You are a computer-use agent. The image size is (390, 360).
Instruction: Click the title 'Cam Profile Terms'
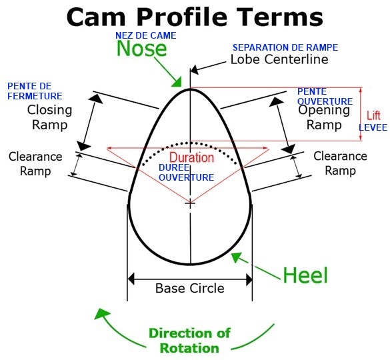tap(195, 17)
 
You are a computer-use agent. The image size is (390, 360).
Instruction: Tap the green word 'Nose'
tap(141, 48)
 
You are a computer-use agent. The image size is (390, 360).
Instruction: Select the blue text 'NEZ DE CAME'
tap(146, 35)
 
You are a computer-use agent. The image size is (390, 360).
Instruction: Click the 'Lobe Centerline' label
tap(279, 59)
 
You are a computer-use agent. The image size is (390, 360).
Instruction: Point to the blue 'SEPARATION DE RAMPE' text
tap(285, 47)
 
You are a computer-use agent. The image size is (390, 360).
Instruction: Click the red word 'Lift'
tap(373, 115)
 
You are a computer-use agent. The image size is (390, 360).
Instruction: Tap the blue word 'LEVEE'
tap(373, 127)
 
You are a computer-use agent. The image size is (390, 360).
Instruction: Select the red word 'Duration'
tap(191, 157)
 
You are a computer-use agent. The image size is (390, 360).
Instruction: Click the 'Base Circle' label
tap(190, 288)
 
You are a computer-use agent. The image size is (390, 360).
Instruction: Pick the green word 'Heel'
tap(305, 275)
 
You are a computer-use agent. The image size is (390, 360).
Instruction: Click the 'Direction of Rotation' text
tap(189, 341)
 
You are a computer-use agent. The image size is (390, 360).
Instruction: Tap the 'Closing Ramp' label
tap(50, 117)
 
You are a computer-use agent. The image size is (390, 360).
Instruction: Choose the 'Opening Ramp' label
tap(324, 117)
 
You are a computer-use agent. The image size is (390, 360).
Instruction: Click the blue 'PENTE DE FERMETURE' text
tap(35, 91)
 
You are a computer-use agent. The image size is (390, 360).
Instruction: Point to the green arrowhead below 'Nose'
tap(177, 83)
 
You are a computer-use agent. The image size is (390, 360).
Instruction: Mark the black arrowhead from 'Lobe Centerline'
tap(195, 69)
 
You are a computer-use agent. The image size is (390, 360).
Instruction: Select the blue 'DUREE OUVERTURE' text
tap(186, 173)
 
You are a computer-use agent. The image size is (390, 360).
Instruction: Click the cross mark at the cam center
tap(190, 203)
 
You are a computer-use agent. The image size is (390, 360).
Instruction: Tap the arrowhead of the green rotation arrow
tap(102, 313)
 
